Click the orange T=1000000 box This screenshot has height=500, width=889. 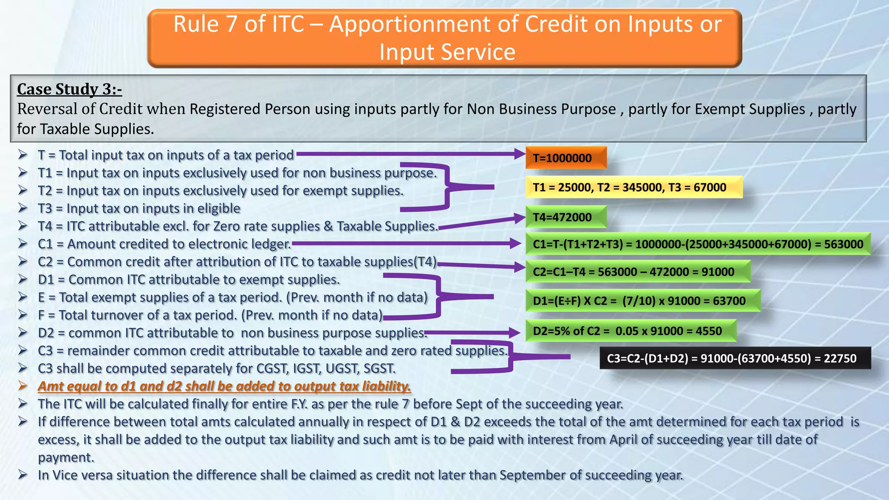tap(566, 158)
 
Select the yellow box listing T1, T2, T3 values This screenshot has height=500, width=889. tap(634, 187)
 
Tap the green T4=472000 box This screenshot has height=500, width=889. tap(566, 217)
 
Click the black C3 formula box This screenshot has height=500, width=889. tap(735, 358)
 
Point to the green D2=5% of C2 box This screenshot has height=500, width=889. tap(631, 331)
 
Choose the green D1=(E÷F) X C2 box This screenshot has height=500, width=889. tap(642, 301)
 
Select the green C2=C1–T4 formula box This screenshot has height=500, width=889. tap(637, 272)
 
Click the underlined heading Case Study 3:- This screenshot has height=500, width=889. tap(69, 89)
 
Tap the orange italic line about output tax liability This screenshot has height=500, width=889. tap(224, 386)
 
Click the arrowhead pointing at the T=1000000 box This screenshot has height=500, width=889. tap(519, 154)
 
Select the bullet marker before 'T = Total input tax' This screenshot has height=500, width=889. tap(23, 155)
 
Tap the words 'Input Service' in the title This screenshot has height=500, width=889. tap(447, 52)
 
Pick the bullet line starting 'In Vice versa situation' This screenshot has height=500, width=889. tap(360, 475)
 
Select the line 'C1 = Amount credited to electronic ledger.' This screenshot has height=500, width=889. tap(164, 244)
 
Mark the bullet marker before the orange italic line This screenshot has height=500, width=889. tap(23, 385)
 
